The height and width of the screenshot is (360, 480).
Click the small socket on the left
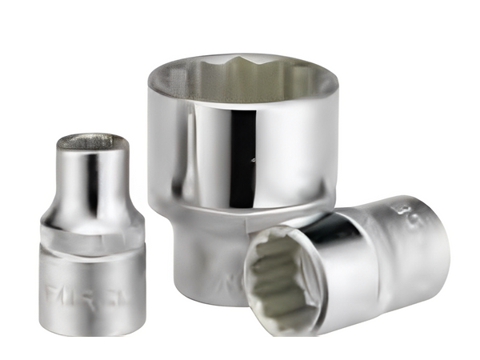(90, 232)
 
